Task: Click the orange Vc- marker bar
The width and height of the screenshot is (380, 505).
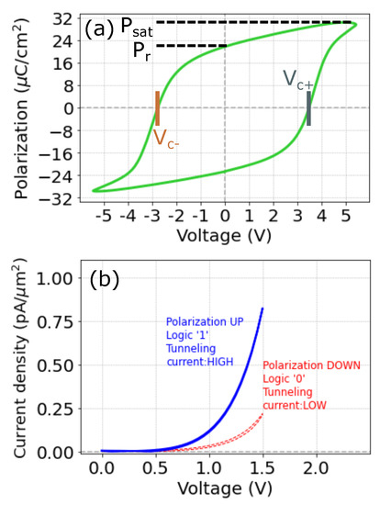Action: coord(158,108)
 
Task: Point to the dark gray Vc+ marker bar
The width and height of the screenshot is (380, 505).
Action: coord(308,108)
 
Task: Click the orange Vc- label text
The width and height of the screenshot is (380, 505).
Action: coord(166,140)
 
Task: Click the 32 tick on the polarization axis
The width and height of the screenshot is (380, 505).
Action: coord(61,19)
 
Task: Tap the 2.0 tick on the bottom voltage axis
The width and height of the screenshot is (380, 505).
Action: coord(315,469)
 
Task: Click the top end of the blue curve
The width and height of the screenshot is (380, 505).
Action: coord(263,309)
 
